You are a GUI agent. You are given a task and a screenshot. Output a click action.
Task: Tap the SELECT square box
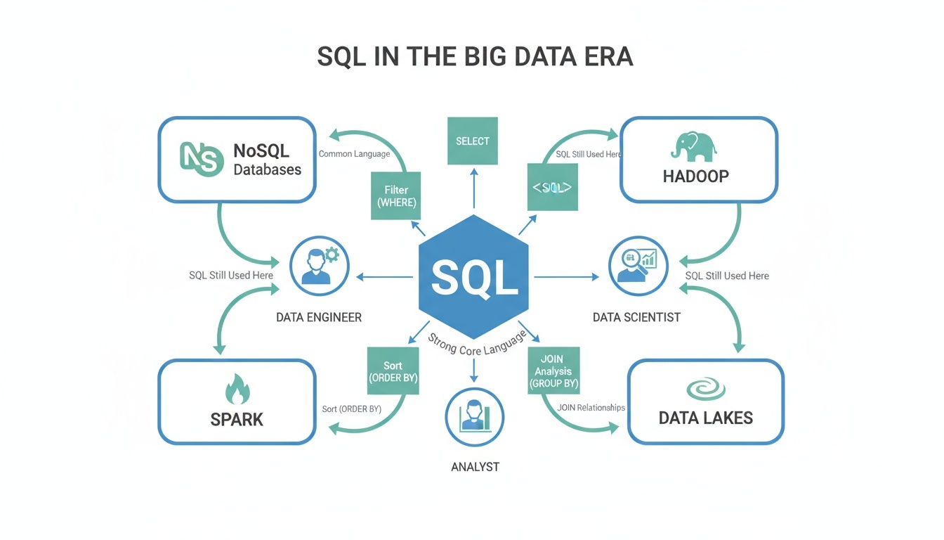(472, 141)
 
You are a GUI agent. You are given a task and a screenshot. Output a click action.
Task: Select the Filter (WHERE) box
(396, 196)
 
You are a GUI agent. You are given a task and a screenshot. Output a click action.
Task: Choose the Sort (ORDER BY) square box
(393, 371)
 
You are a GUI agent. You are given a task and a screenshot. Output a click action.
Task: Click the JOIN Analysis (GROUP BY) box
(553, 371)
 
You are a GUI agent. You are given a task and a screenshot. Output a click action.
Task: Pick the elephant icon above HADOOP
(693, 146)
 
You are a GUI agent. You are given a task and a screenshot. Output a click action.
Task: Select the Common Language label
(354, 154)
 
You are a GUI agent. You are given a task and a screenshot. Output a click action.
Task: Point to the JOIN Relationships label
(591, 408)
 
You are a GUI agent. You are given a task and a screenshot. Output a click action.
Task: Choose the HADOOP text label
(695, 176)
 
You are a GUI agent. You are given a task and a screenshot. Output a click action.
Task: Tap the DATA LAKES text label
(705, 418)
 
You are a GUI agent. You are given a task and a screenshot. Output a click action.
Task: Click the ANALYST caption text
(475, 467)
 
